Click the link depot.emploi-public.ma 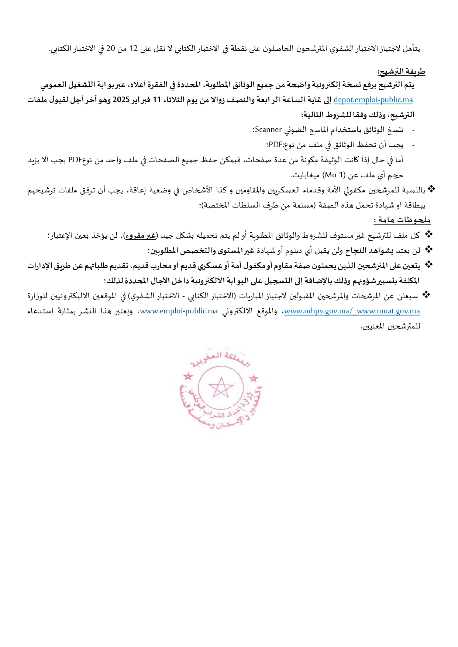tap(373, 100)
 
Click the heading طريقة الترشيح tap(401, 72)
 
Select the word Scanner tap(268, 130)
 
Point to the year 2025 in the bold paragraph tap(121, 100)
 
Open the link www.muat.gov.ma tap(388, 311)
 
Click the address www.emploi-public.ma tap(179, 311)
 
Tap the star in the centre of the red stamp tap(221, 387)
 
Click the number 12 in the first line tap(133, 49)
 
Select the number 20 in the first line tap(111, 49)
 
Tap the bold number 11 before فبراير tap(157, 100)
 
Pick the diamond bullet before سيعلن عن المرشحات tap(426, 295)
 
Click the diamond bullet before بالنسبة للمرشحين tap(431, 189)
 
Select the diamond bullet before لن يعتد tap(428, 250)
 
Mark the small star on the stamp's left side tap(189, 376)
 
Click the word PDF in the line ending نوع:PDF tap(275, 145)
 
